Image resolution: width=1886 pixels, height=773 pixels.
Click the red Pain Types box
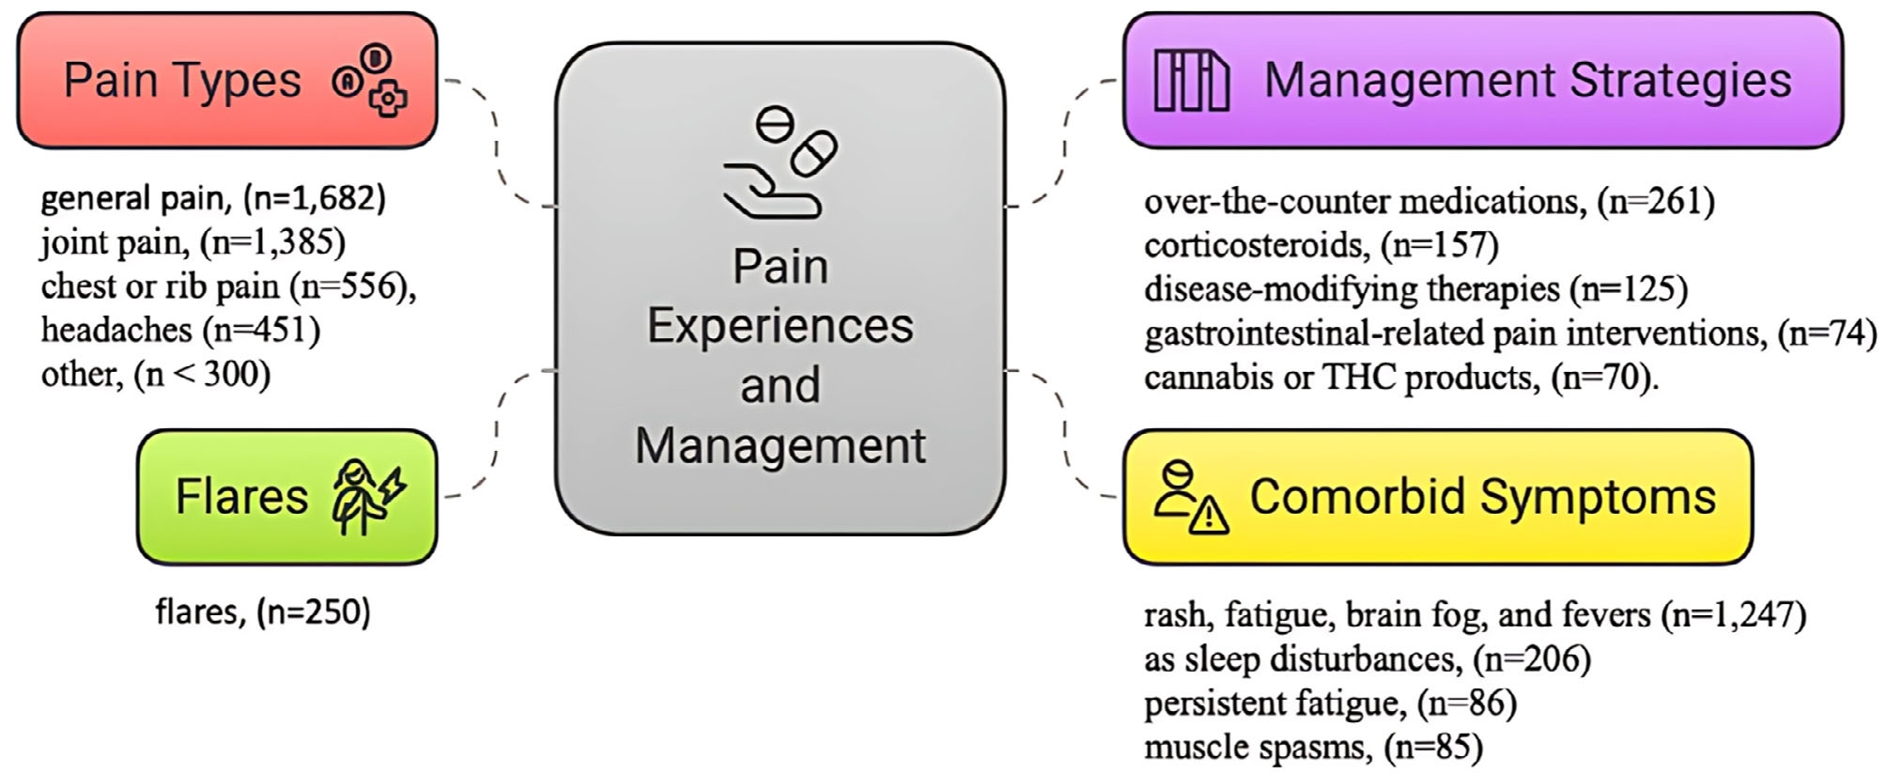(226, 80)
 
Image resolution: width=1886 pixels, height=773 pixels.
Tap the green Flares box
(286, 497)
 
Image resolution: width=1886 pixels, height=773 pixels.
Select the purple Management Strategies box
(1482, 80)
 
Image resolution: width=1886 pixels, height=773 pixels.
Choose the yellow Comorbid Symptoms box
(1437, 497)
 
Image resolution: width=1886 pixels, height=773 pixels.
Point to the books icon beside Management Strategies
(1191, 81)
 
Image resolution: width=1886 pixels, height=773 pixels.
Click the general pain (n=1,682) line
(213, 198)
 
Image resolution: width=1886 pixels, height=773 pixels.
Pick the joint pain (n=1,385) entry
(193, 242)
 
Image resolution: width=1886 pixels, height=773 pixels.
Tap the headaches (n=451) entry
(180, 330)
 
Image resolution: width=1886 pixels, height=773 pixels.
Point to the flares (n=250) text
(263, 612)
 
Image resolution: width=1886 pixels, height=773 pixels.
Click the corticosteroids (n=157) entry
(1321, 245)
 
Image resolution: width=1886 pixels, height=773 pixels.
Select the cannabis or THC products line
(1400, 378)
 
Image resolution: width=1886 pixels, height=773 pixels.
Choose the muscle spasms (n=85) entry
(1313, 748)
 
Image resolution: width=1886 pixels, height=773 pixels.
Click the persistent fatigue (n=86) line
(1330, 703)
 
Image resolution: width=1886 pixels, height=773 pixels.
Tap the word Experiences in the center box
(780, 326)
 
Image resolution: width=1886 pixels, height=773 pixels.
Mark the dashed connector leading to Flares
(498, 432)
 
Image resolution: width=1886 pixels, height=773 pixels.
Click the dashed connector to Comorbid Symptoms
(1065, 432)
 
